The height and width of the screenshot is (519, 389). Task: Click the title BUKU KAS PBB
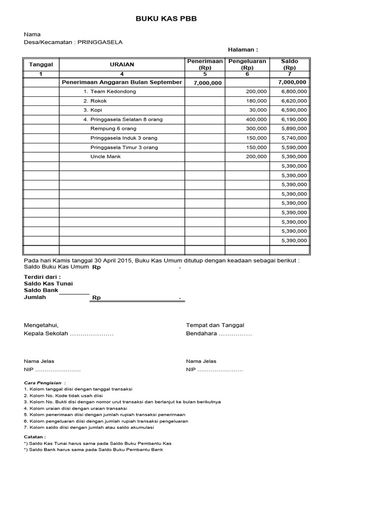[x=166, y=19]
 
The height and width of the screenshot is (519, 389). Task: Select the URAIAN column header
[x=122, y=64]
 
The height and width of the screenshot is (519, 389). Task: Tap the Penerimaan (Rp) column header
[x=205, y=64]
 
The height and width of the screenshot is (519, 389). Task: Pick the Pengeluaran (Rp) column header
[x=247, y=64]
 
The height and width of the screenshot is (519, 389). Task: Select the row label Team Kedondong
[x=110, y=92]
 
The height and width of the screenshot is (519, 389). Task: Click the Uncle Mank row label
[x=105, y=157]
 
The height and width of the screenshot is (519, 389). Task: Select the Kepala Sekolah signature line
[x=68, y=334]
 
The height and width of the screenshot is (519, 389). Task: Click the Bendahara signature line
[x=219, y=334]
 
